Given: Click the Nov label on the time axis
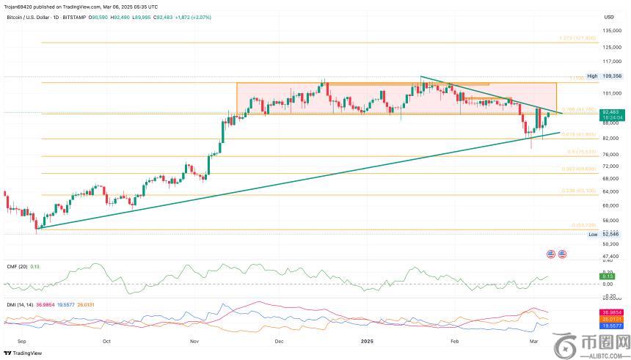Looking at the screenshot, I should [x=195, y=342].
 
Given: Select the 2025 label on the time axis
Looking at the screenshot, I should [x=369, y=342].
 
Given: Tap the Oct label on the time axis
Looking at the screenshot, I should [x=106, y=342].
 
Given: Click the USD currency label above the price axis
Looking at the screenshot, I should [x=609, y=16].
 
